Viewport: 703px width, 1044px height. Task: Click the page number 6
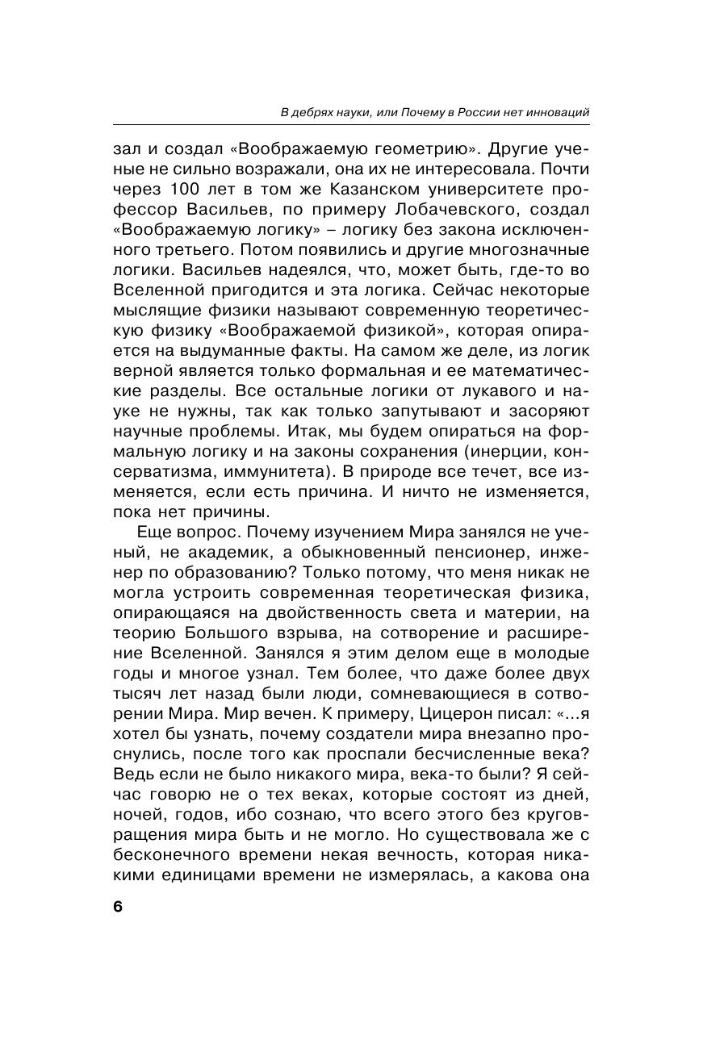tap(118, 906)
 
